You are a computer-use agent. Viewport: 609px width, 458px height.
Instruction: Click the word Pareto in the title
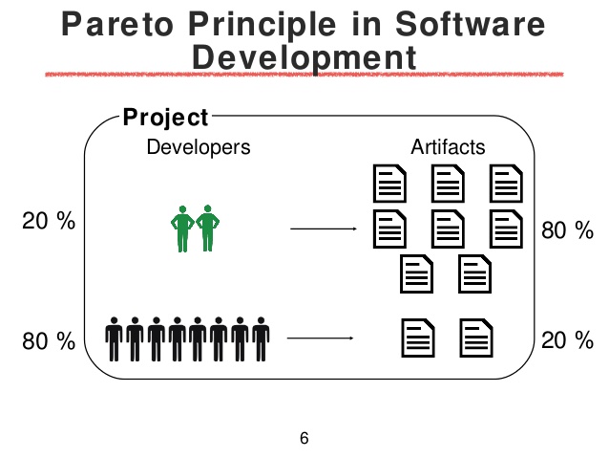pos(117,24)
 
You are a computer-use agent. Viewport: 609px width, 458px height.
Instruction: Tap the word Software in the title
pos(471,24)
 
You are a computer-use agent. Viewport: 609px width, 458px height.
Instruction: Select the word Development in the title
pos(304,58)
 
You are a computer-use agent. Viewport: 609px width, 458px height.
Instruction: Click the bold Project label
pos(166,117)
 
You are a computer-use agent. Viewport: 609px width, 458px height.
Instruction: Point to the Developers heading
pos(199,147)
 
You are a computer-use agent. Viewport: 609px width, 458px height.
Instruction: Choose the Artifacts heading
pos(449,147)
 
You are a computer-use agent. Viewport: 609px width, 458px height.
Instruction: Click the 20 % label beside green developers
pos(49,221)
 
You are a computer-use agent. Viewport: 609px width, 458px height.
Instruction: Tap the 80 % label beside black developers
pos(49,341)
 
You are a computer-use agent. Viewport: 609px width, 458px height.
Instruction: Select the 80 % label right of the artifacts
pos(567,230)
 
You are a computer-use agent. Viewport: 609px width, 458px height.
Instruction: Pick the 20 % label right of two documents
pos(567,340)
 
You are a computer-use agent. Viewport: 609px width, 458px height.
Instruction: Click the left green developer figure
pos(182,229)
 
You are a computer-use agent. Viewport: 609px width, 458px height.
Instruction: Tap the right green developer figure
pos(208,228)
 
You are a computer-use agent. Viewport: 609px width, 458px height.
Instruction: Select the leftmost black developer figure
pos(114,338)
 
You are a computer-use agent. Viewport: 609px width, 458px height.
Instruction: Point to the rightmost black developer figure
pos(261,338)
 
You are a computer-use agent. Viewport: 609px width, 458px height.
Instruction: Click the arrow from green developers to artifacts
pos(324,229)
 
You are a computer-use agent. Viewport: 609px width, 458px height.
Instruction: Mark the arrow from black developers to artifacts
pos(321,338)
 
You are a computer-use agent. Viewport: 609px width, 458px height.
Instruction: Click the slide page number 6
pos(304,438)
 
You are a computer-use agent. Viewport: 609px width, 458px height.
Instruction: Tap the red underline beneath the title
pos(304,75)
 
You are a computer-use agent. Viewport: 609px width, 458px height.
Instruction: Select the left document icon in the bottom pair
pos(418,338)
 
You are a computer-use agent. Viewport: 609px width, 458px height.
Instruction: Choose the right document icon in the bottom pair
pos(476,338)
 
